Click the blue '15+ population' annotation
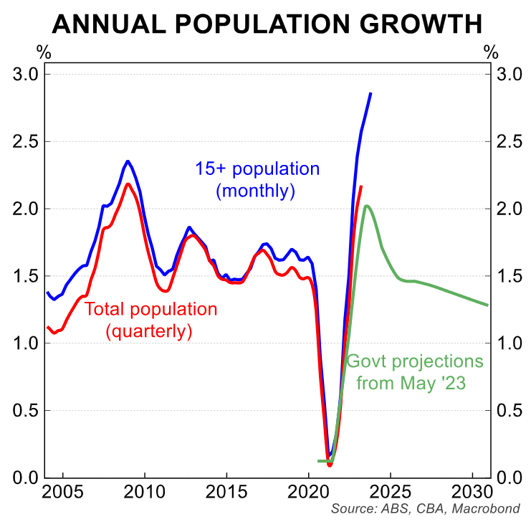(x=257, y=170)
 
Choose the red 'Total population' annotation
(x=150, y=310)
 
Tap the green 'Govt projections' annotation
(x=415, y=361)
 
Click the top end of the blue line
(x=370, y=93)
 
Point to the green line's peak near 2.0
(x=366, y=206)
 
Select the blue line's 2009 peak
(x=128, y=161)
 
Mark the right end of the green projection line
(x=487, y=305)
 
